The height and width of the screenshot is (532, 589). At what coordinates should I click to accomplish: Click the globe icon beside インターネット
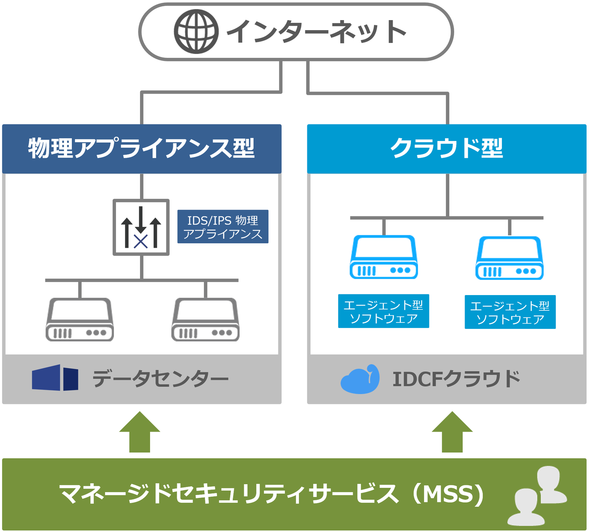[x=196, y=32]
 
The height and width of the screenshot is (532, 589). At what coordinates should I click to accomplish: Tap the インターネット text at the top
[x=317, y=32]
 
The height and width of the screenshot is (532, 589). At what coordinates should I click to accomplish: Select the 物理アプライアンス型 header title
[x=141, y=148]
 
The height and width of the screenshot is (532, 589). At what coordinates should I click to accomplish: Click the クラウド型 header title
[x=447, y=148]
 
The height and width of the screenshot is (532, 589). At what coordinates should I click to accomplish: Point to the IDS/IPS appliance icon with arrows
[x=141, y=227]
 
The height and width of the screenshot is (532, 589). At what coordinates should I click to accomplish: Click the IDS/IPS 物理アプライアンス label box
[x=223, y=227]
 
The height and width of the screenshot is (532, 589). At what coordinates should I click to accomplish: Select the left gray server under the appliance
[x=80, y=320]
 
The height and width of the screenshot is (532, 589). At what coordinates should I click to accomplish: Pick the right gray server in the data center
[x=205, y=320]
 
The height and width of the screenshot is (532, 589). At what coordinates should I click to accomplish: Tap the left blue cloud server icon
[x=384, y=257]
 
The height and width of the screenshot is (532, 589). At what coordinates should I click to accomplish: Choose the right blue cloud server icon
[x=510, y=258]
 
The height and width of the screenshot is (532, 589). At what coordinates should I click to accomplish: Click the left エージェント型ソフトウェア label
[x=384, y=311]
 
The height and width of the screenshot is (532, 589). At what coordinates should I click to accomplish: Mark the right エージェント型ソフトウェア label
[x=510, y=312]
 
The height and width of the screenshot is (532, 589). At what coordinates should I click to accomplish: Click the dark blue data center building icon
[x=55, y=378]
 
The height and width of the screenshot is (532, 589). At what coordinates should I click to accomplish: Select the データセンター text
[x=160, y=379]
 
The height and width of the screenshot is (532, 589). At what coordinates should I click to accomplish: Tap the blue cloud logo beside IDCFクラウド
[x=360, y=379]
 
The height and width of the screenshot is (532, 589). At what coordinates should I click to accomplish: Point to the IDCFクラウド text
[x=456, y=379]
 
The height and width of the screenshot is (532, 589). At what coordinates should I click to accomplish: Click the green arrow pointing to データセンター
[x=140, y=432]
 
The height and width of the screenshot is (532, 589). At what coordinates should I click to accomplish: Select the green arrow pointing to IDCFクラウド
[x=452, y=432]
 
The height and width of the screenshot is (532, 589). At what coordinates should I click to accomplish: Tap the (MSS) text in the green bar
[x=449, y=494]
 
